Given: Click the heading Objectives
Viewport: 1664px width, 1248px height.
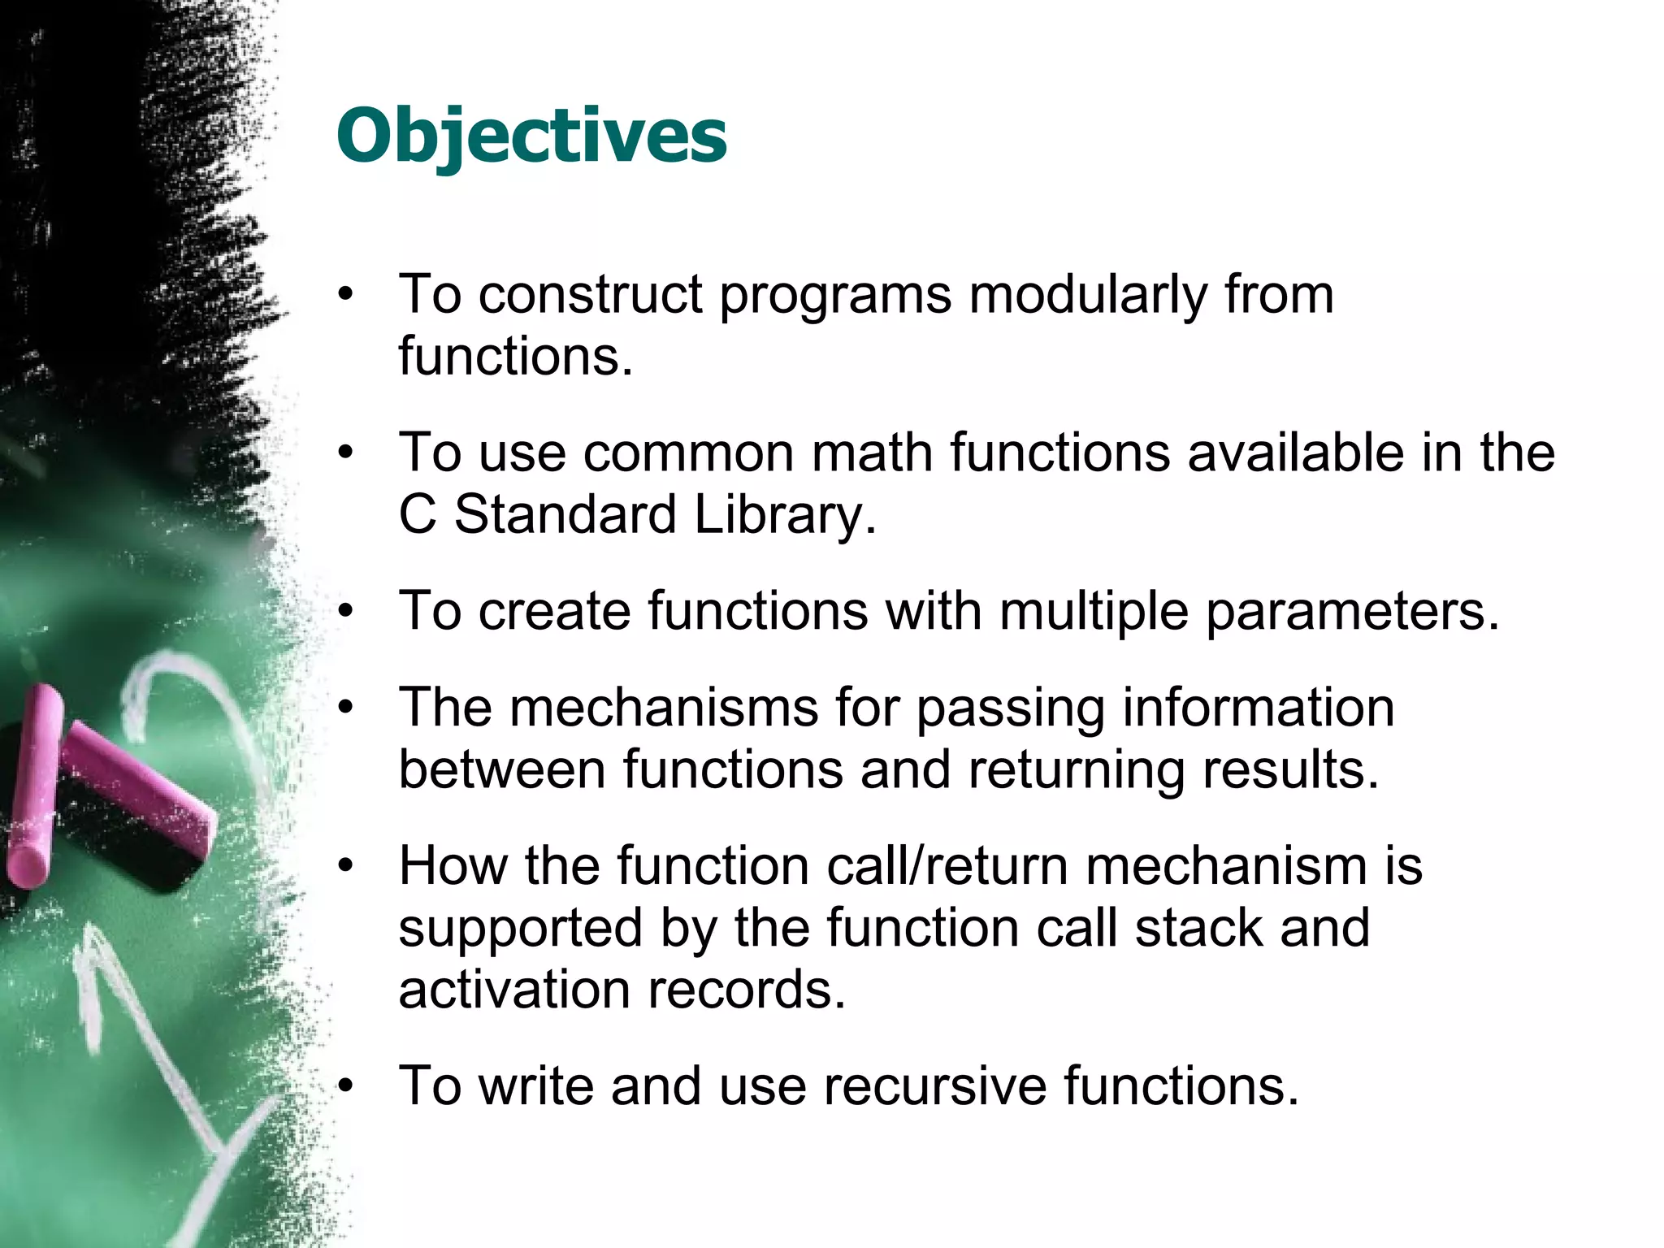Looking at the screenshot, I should click(531, 136).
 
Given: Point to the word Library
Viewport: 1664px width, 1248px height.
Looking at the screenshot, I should click(785, 515).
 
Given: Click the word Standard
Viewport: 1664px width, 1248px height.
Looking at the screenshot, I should click(565, 515).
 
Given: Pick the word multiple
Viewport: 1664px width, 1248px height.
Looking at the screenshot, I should click(1094, 612).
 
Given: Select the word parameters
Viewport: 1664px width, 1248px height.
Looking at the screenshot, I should click(1352, 612).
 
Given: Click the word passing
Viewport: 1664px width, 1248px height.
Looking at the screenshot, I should click(1011, 708).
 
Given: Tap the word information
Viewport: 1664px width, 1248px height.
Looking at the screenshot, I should click(1259, 707).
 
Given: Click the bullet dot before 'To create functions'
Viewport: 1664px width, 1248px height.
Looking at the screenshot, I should click(347, 612).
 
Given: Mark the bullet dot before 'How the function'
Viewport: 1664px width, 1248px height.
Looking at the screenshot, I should click(347, 866).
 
